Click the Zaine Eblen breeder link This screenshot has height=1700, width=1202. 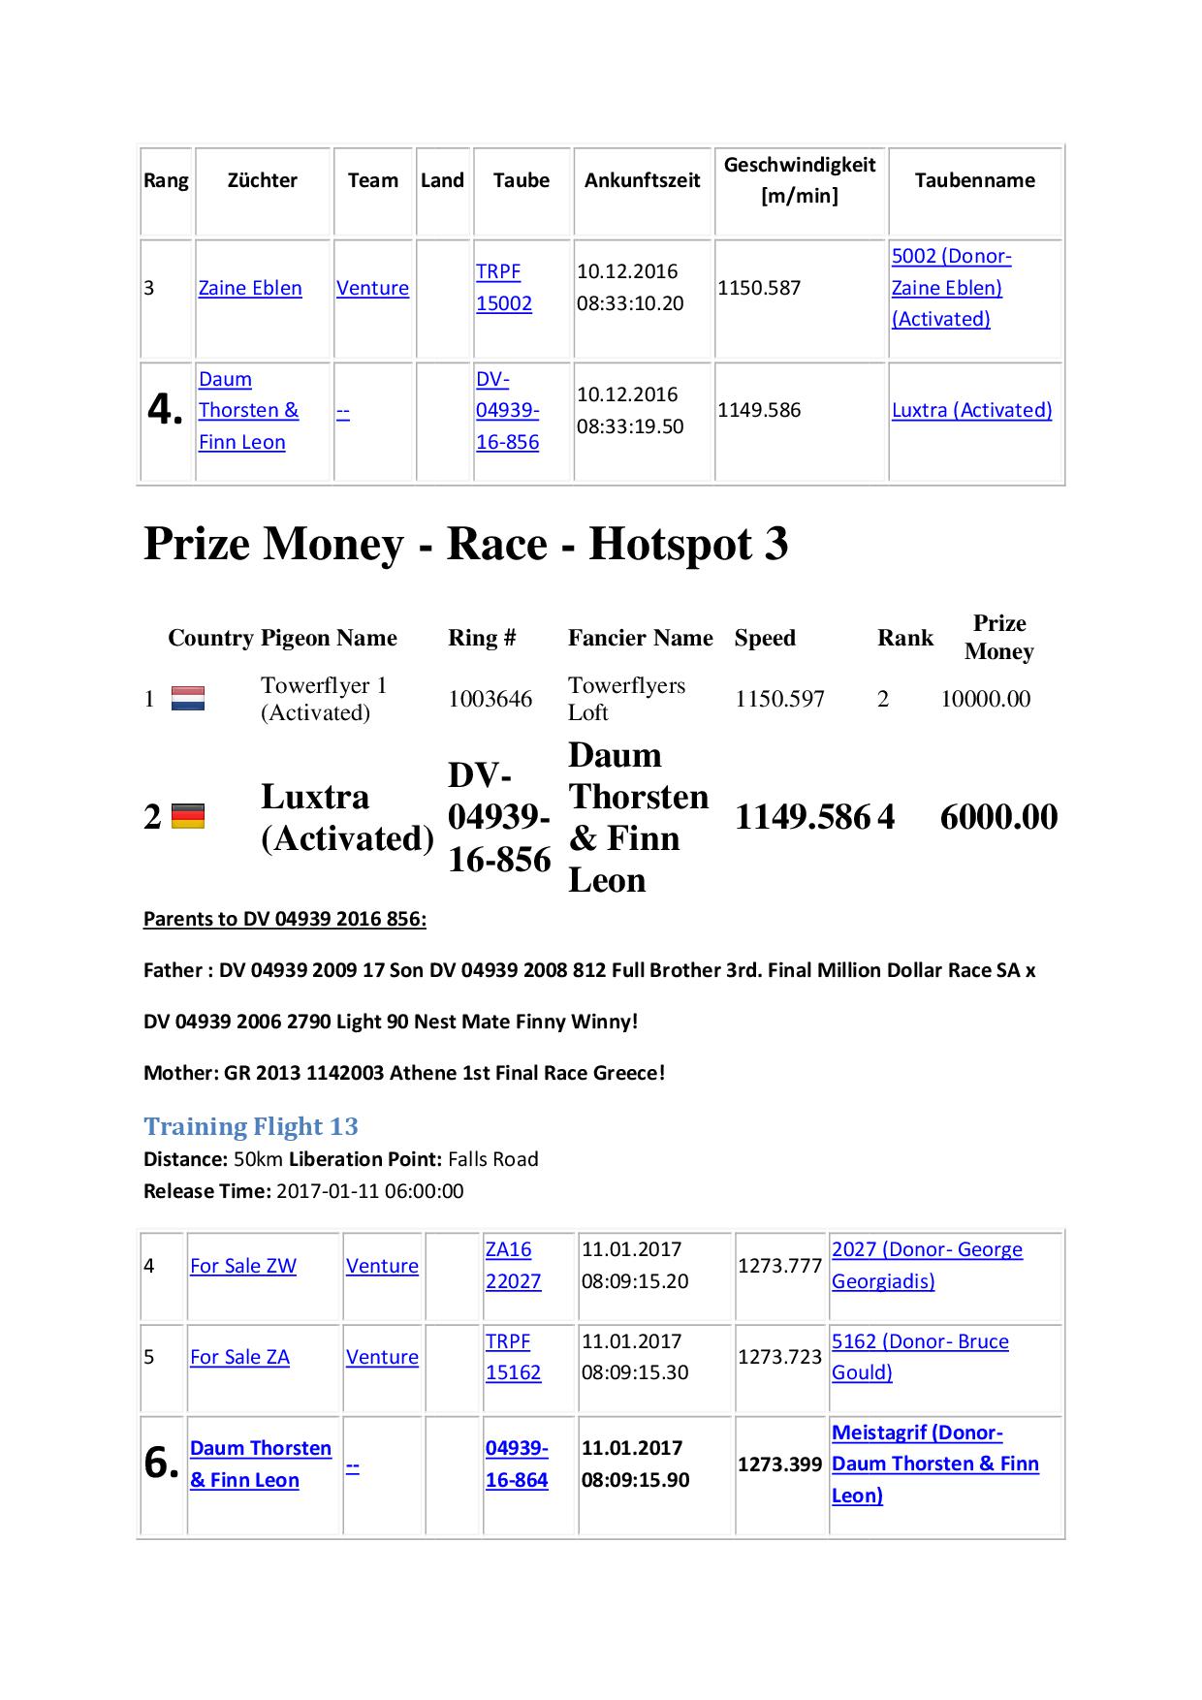pos(250,288)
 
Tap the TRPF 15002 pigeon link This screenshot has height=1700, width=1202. pos(503,288)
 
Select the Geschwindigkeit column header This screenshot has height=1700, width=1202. pos(799,180)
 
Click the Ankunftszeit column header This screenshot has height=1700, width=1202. pos(642,180)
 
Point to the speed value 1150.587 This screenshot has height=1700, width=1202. pos(759,288)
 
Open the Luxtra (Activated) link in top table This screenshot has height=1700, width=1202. pos(971,410)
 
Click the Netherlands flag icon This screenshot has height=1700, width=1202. pos(188,699)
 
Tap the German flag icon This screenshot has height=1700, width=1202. pos(188,817)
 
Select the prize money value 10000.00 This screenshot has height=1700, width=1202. pos(985,699)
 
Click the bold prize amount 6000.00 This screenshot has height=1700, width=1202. pos(998,817)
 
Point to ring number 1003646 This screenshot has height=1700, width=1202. pos(490,699)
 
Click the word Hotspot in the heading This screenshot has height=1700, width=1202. pos(672,544)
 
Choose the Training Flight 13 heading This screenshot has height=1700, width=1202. pos(251,1126)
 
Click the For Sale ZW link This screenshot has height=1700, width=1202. pos(243,1266)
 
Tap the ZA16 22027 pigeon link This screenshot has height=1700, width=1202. pos(513,1266)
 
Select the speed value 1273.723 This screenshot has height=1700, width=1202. pos(779,1357)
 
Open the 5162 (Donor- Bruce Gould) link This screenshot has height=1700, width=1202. pos(920,1357)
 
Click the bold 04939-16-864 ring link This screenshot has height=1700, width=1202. pos(517,1464)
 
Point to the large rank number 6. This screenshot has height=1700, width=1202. pos(161,1463)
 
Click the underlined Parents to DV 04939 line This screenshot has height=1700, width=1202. pos(285,919)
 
